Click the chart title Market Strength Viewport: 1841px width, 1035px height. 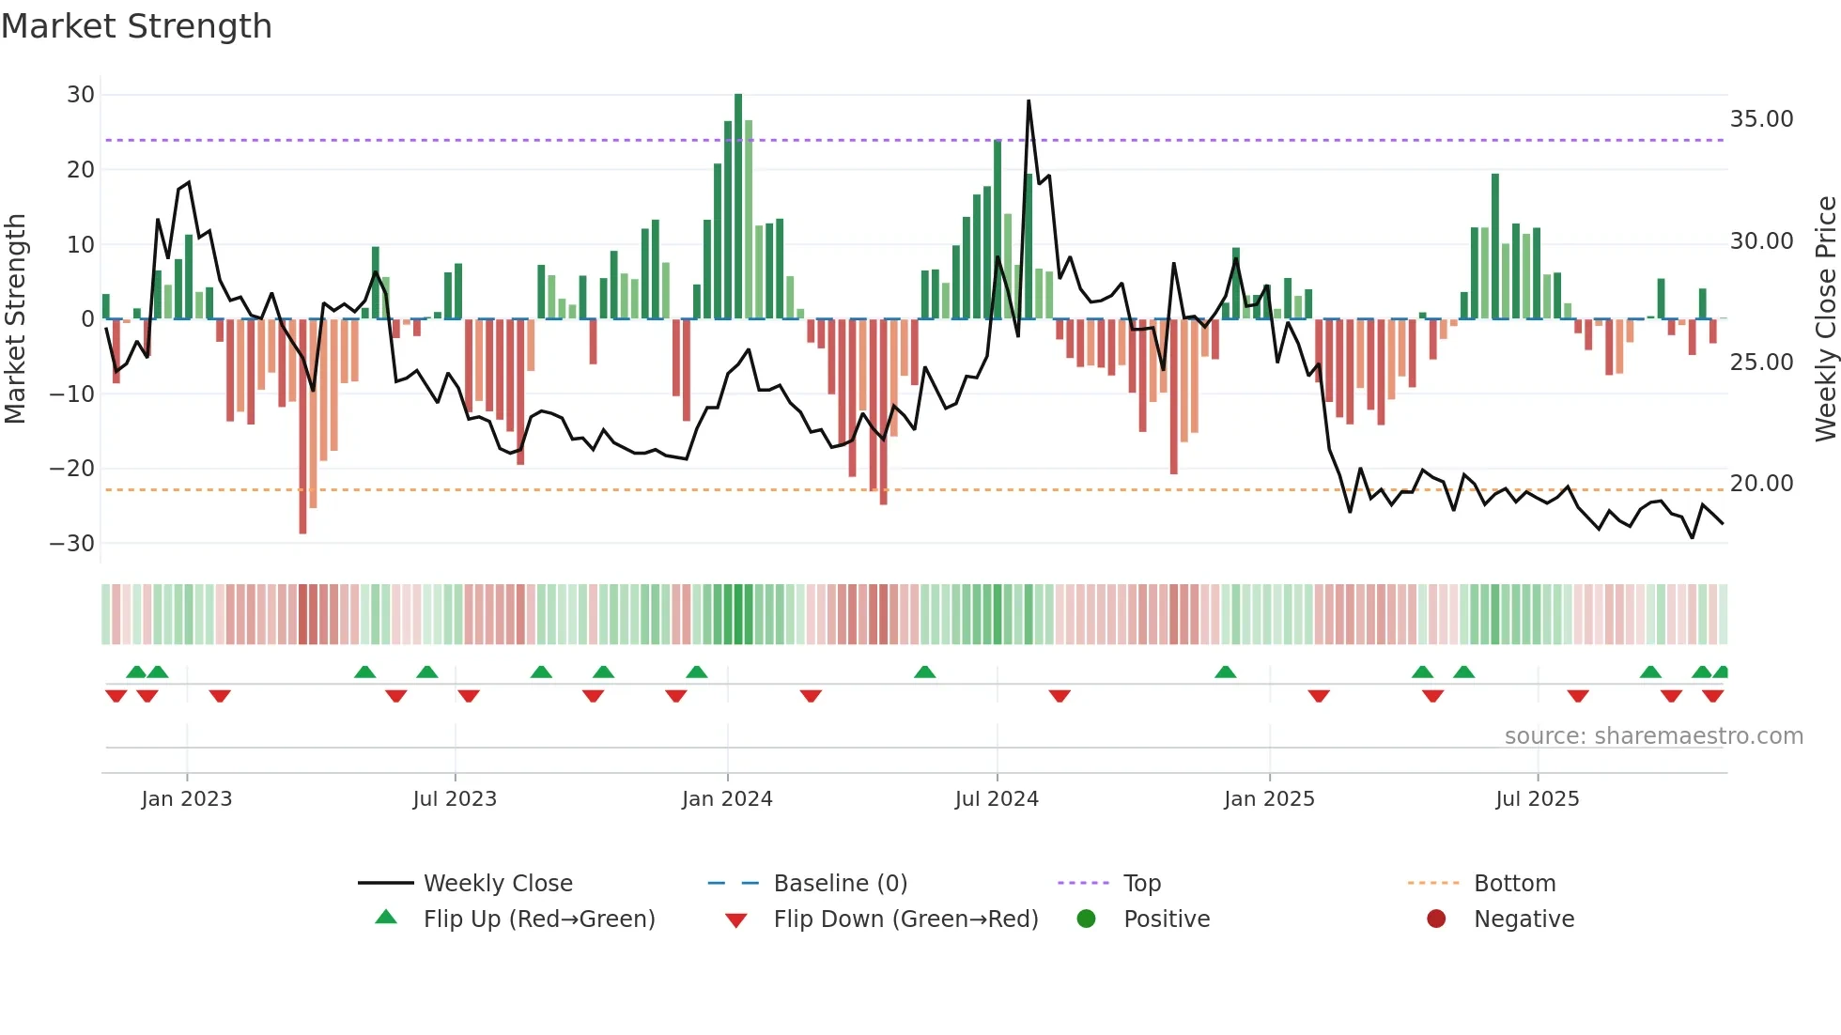point(137,26)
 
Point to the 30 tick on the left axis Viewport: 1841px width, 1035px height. point(81,95)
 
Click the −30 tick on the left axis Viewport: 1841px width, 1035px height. point(72,544)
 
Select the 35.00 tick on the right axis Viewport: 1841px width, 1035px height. point(1761,119)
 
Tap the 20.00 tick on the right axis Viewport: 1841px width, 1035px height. point(1761,484)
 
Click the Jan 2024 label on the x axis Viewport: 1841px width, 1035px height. point(727,799)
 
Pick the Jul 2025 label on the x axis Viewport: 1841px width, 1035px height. point(1538,799)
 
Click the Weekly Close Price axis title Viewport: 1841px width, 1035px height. point(1825,319)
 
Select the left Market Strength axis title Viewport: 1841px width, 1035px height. point(16,319)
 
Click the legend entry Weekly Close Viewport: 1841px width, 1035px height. point(498,884)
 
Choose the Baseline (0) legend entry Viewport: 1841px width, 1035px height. point(840,884)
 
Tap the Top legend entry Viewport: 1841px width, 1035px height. point(1142,884)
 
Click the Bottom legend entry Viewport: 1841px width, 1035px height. point(1514,884)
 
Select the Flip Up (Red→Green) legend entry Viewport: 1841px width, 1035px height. point(538,919)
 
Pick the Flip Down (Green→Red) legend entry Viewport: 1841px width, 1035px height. point(905,919)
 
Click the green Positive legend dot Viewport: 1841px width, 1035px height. point(1086,919)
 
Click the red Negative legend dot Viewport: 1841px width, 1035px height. point(1436,919)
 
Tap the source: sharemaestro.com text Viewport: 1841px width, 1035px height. point(1653,736)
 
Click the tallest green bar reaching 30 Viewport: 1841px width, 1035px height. point(738,207)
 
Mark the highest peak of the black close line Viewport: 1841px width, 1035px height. point(1029,101)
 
